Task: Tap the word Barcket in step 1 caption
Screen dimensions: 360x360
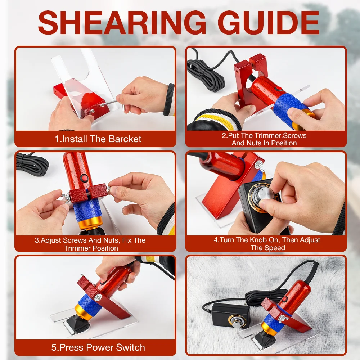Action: pos(125,139)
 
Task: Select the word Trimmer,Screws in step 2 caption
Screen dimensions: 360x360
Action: pos(280,135)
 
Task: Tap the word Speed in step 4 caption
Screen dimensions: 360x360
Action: pos(275,248)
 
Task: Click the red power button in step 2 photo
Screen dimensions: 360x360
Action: pos(279,89)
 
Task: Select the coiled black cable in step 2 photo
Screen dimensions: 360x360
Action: pos(203,73)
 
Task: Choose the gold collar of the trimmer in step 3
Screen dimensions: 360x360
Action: pos(90,223)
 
